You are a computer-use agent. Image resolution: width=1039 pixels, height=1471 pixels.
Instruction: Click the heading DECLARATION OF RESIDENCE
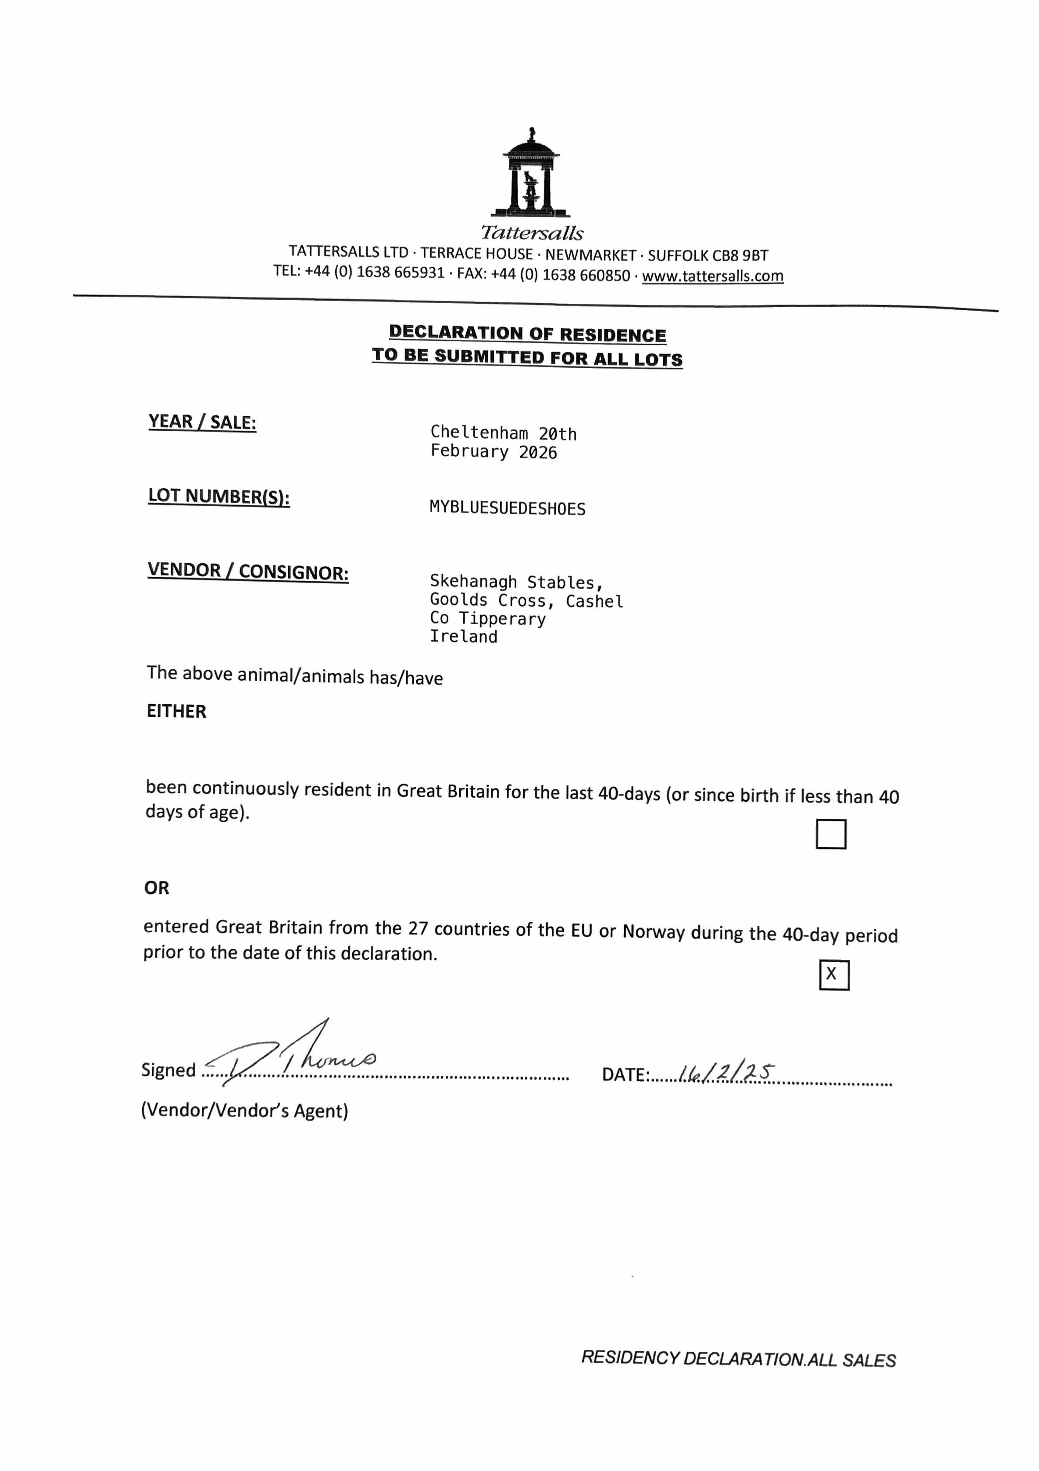click(528, 334)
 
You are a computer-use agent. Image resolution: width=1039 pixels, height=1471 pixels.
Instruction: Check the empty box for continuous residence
click(831, 834)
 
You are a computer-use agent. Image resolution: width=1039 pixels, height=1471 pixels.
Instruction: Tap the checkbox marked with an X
click(834, 975)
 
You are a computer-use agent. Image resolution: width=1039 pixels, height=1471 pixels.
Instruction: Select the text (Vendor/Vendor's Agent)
click(244, 1110)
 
